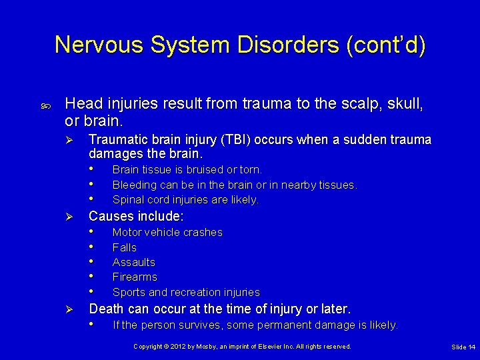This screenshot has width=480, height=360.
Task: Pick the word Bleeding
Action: (135, 185)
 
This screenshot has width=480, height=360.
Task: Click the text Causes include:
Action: (136, 216)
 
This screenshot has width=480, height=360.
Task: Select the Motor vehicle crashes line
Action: (167, 232)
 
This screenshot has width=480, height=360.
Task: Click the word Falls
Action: (124, 247)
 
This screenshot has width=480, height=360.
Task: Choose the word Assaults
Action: (133, 262)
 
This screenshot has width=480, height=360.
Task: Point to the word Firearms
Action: (135, 277)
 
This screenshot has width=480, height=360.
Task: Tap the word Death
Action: (105, 309)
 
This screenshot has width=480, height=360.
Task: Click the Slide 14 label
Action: (463, 347)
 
